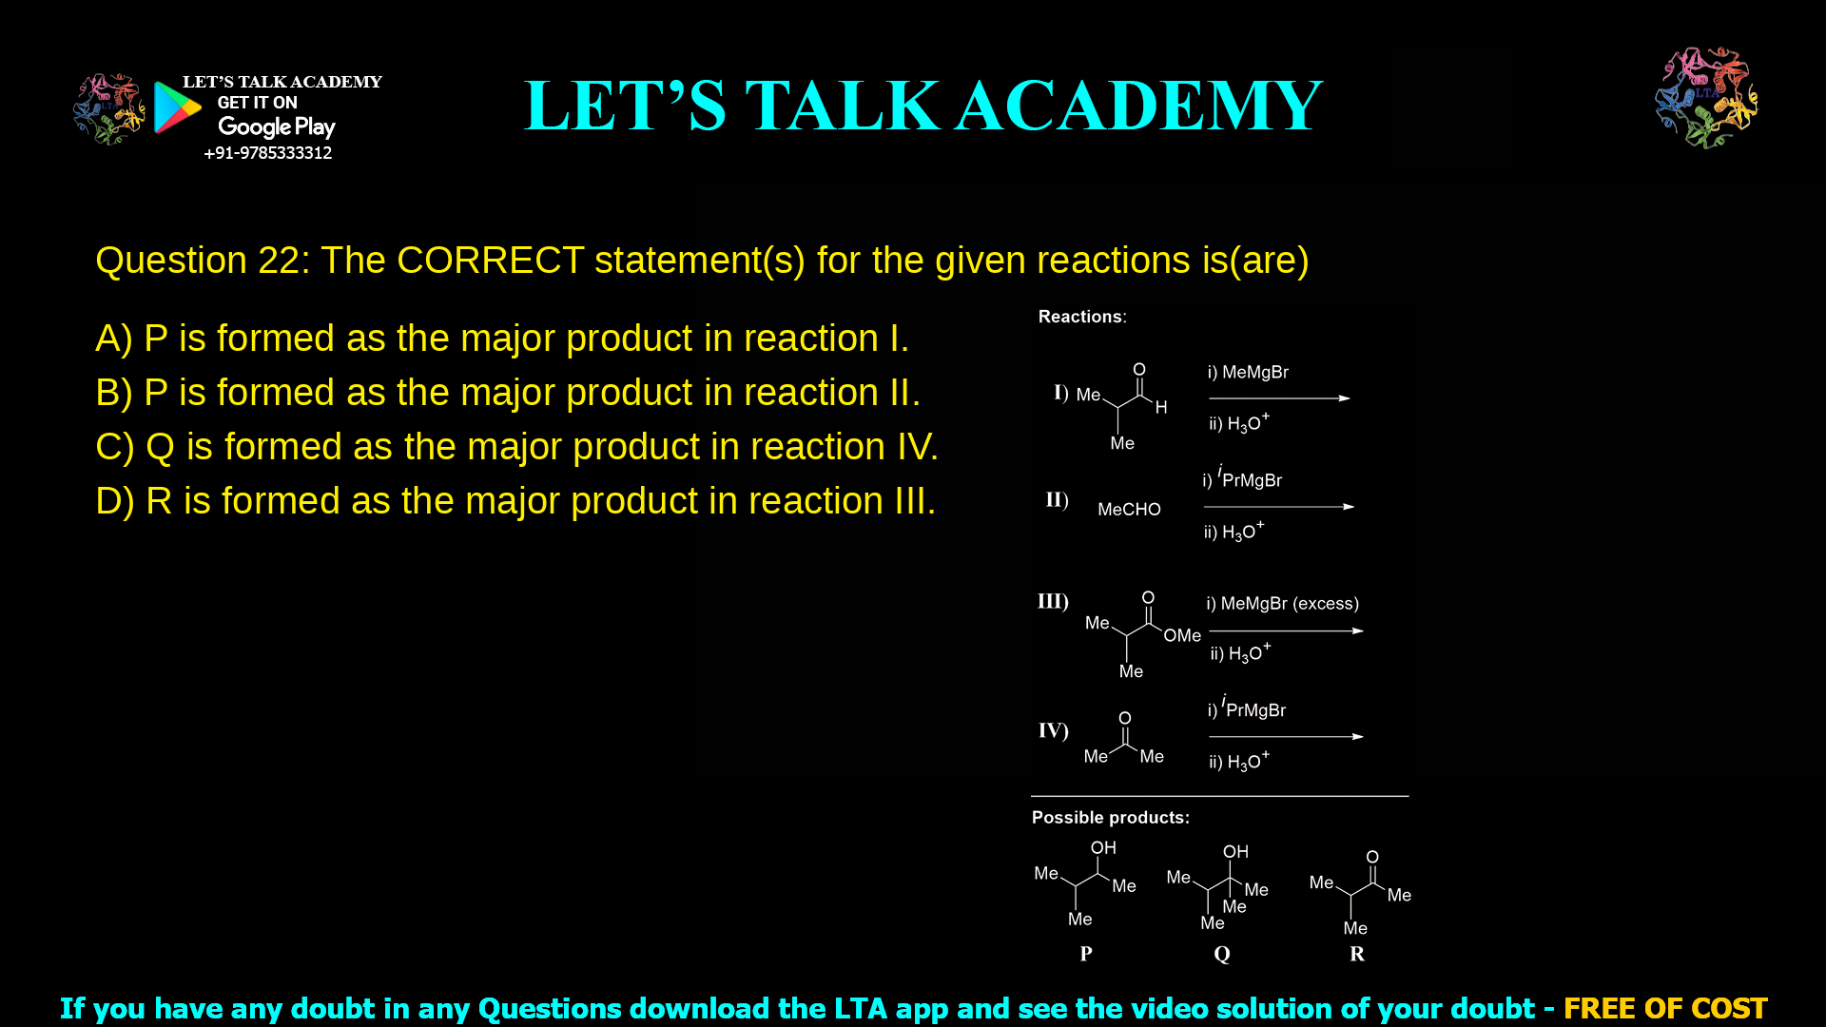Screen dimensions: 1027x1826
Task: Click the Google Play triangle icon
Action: click(x=177, y=107)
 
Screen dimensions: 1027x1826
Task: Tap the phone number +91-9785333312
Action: click(x=267, y=153)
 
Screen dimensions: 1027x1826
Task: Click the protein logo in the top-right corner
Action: click(x=1706, y=97)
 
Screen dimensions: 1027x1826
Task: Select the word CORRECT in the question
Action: click(x=490, y=260)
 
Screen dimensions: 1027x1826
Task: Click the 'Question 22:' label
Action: click(x=202, y=260)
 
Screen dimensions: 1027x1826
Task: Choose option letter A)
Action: click(x=113, y=339)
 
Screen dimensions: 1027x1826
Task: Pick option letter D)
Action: click(x=114, y=501)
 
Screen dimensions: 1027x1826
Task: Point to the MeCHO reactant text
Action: click(x=1129, y=510)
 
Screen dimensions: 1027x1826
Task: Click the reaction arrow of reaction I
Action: click(x=1279, y=398)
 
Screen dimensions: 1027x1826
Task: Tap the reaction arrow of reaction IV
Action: click(x=1286, y=737)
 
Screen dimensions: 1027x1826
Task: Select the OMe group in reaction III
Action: click(x=1182, y=635)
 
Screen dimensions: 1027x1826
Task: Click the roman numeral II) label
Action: click(x=1057, y=500)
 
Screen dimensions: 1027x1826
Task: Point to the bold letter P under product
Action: click(x=1086, y=954)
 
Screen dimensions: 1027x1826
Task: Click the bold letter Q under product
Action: click(x=1222, y=954)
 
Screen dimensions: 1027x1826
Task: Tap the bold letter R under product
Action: click(x=1357, y=954)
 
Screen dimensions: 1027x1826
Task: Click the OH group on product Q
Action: click(x=1235, y=852)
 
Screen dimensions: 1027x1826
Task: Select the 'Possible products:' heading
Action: click(x=1110, y=818)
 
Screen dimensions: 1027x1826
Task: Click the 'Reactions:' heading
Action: click(x=1081, y=317)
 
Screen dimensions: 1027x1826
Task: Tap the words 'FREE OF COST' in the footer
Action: click(x=1664, y=1008)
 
